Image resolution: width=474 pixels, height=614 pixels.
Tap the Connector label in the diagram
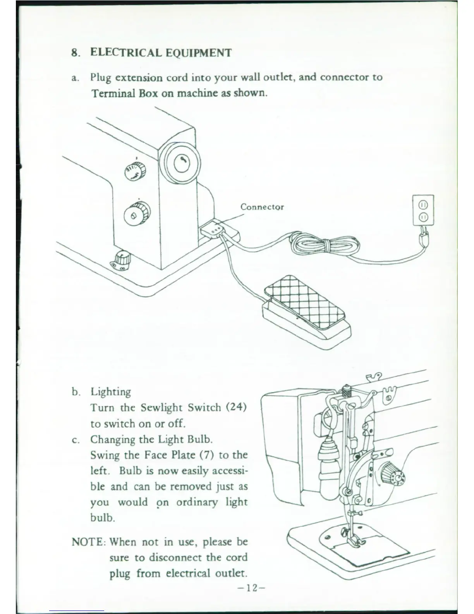click(262, 207)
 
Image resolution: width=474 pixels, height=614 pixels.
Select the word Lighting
click(111, 392)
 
